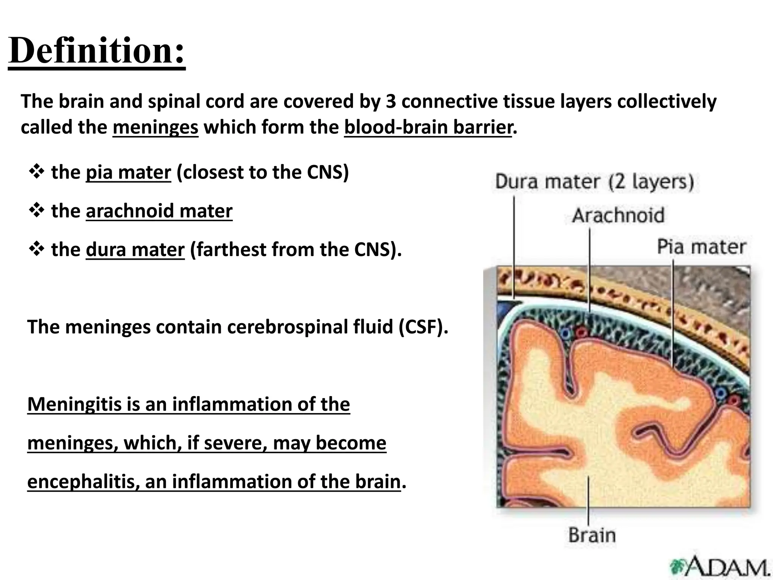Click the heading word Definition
pyautogui.click(x=96, y=51)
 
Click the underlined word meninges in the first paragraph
pyautogui.click(x=155, y=127)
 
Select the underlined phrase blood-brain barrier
pyautogui.click(x=428, y=127)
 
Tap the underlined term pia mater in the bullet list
pyautogui.click(x=128, y=173)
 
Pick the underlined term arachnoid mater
pyautogui.click(x=159, y=211)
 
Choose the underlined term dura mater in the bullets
pyautogui.click(x=135, y=250)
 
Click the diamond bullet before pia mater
pyautogui.click(x=36, y=172)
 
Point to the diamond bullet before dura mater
pyautogui.click(x=36, y=249)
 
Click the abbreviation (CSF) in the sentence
pyautogui.click(x=423, y=327)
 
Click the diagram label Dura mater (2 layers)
pyautogui.click(x=594, y=182)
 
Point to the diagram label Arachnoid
pyautogui.click(x=618, y=215)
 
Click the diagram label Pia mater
pyautogui.click(x=701, y=247)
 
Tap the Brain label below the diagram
pyautogui.click(x=591, y=535)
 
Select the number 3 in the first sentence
pyautogui.click(x=390, y=102)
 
